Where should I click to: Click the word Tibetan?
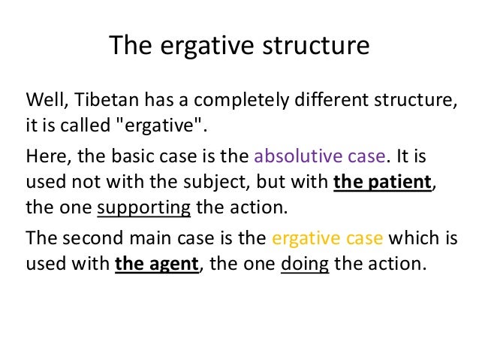point(100,101)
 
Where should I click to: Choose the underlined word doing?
point(304,263)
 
